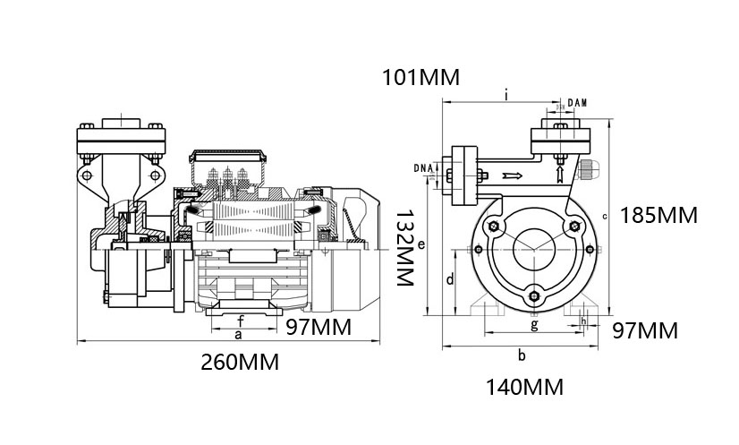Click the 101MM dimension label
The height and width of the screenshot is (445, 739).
tap(420, 77)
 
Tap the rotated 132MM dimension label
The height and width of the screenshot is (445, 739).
tap(406, 248)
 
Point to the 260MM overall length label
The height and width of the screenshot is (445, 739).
tap(239, 363)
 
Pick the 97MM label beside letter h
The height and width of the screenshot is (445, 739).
tap(645, 331)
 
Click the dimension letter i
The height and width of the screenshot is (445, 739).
tap(506, 93)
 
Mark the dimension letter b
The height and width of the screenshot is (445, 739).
tap(522, 355)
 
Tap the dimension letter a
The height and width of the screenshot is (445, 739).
tap(237, 334)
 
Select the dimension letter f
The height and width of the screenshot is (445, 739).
tap(240, 319)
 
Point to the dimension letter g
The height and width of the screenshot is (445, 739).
tap(534, 324)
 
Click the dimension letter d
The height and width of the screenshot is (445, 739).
tap(449, 279)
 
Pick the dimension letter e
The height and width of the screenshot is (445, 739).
tap(420, 243)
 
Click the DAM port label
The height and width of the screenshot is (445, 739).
tap(575, 104)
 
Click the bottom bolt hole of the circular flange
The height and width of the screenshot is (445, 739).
tap(534, 298)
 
